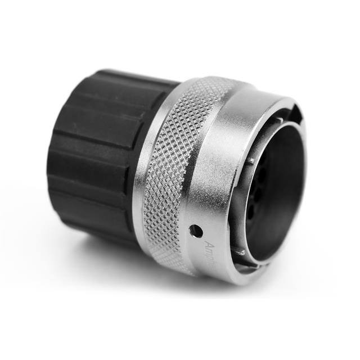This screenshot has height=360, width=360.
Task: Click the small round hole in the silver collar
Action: [196, 230]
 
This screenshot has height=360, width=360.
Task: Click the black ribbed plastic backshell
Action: [96, 152]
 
